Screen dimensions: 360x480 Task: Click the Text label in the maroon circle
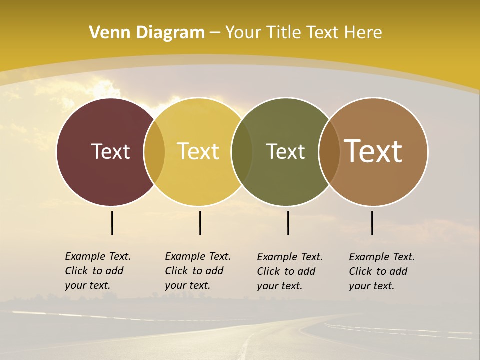tap(110, 151)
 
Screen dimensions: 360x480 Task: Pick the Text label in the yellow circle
tap(198, 151)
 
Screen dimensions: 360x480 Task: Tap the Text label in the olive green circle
tap(285, 151)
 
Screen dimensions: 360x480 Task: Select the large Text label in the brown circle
tap(373, 151)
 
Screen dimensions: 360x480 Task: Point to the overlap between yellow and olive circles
tap(242, 152)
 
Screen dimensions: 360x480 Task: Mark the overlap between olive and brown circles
tap(329, 152)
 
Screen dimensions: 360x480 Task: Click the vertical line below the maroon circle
tap(112, 223)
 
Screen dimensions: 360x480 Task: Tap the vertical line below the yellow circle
tap(200, 223)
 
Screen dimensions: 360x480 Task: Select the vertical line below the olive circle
tap(288, 223)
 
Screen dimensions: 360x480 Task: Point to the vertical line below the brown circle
tap(372, 223)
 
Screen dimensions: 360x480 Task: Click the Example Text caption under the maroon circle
tap(97, 271)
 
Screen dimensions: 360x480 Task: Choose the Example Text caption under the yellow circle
tap(197, 271)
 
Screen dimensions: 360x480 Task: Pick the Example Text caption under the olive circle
tap(289, 271)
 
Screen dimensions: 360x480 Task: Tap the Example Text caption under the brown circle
tap(381, 271)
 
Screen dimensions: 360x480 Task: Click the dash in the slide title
tap(215, 33)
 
